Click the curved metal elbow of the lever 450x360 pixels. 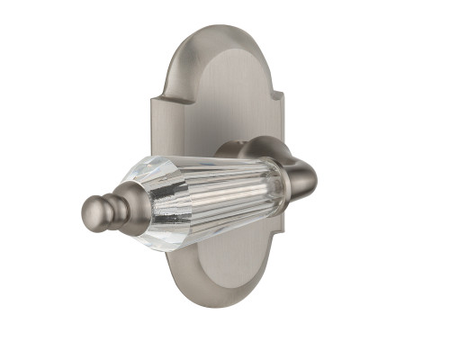(x=302, y=166)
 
